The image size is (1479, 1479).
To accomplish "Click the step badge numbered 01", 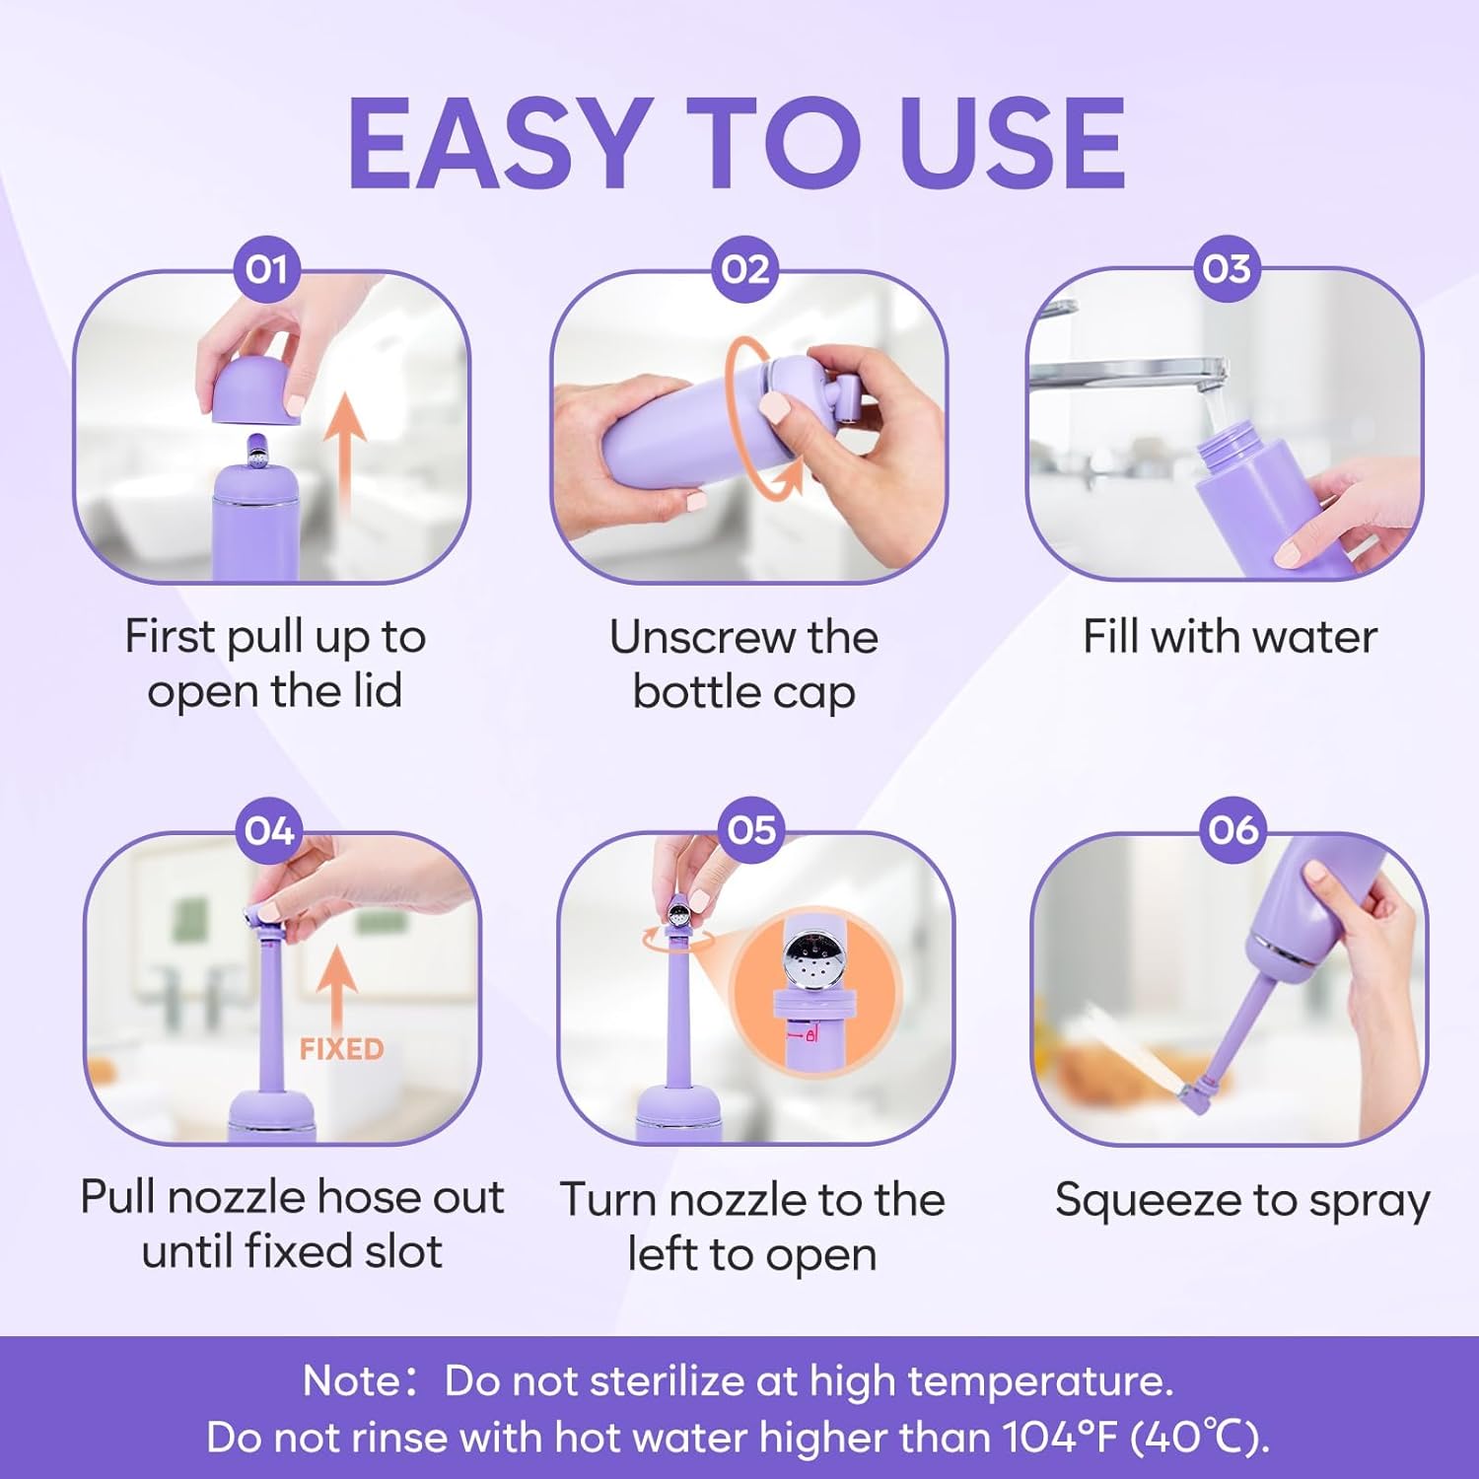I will pyautogui.click(x=266, y=269).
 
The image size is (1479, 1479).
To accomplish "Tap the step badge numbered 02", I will pyautogui.click(x=744, y=269).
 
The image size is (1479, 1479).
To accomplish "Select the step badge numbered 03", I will pyautogui.click(x=1226, y=268).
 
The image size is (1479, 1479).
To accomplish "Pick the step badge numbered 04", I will pyautogui.click(x=269, y=830).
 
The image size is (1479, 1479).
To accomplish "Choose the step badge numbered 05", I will pyautogui.click(x=751, y=829).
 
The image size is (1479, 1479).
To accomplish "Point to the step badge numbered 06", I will pyautogui.click(x=1232, y=829).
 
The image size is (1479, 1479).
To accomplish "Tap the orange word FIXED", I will pyautogui.click(x=341, y=1049).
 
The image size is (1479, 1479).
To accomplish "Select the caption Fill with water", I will pyautogui.click(x=1230, y=637).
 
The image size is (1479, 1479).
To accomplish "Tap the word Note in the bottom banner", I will pyautogui.click(x=352, y=1381).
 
